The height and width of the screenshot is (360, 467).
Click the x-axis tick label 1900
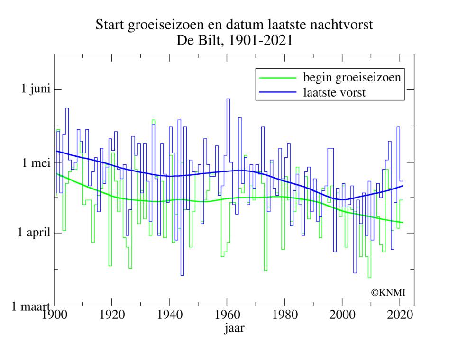pyautogui.click(x=54, y=315)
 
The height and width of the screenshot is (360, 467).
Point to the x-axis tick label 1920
pyautogui.click(x=111, y=315)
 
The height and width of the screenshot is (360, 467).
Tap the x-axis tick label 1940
pyautogui.click(x=169, y=315)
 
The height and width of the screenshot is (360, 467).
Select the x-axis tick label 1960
pyautogui.click(x=227, y=315)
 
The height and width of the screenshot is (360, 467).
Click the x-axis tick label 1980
pyautogui.click(x=284, y=315)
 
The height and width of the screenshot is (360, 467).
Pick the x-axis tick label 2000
pyautogui.click(x=342, y=315)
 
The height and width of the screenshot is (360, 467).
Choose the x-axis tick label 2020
pyautogui.click(x=400, y=315)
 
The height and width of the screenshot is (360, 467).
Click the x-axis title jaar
pyautogui.click(x=234, y=328)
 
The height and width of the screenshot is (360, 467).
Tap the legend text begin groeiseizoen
pyautogui.click(x=352, y=77)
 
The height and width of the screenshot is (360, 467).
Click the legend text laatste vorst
pyautogui.click(x=334, y=92)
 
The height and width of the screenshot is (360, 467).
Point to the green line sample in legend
pyautogui.click(x=277, y=78)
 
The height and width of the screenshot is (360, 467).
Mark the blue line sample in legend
pyautogui.click(x=277, y=93)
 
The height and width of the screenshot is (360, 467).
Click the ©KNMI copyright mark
pyautogui.click(x=388, y=293)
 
